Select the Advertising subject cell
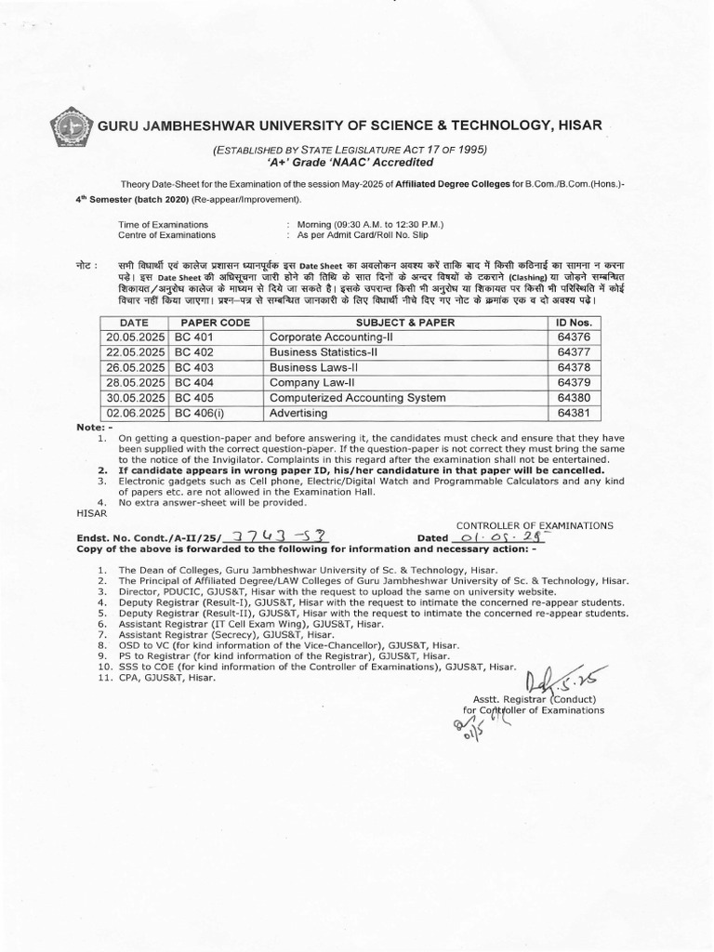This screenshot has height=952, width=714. (x=298, y=412)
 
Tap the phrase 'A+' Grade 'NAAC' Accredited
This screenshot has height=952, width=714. (x=342, y=163)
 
